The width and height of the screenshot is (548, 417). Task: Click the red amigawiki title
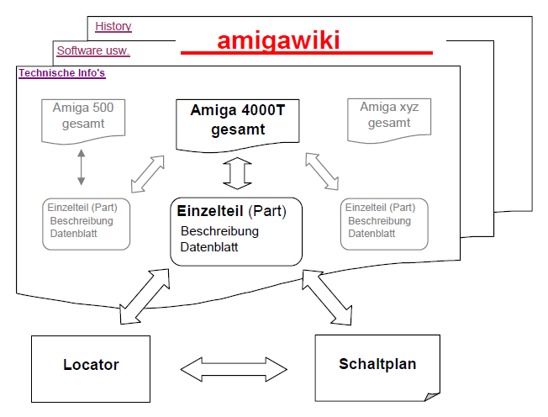click(279, 41)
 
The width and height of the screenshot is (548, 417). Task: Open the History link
click(113, 26)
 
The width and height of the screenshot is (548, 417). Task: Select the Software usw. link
click(92, 50)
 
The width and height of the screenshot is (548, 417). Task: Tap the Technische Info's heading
click(61, 73)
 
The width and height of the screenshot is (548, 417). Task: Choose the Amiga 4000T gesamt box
click(238, 120)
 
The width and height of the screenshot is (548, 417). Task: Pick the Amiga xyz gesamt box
click(389, 116)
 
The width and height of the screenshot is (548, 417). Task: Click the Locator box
click(91, 365)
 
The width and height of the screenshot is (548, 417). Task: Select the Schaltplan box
click(377, 364)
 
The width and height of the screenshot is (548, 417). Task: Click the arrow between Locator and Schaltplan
click(233, 367)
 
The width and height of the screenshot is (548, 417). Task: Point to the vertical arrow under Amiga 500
click(81, 167)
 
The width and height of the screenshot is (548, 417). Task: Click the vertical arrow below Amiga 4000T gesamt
click(238, 173)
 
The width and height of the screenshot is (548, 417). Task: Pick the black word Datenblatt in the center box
click(209, 247)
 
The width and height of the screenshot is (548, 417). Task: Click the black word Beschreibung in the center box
click(219, 230)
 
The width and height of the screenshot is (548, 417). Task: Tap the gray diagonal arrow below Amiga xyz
click(324, 172)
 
